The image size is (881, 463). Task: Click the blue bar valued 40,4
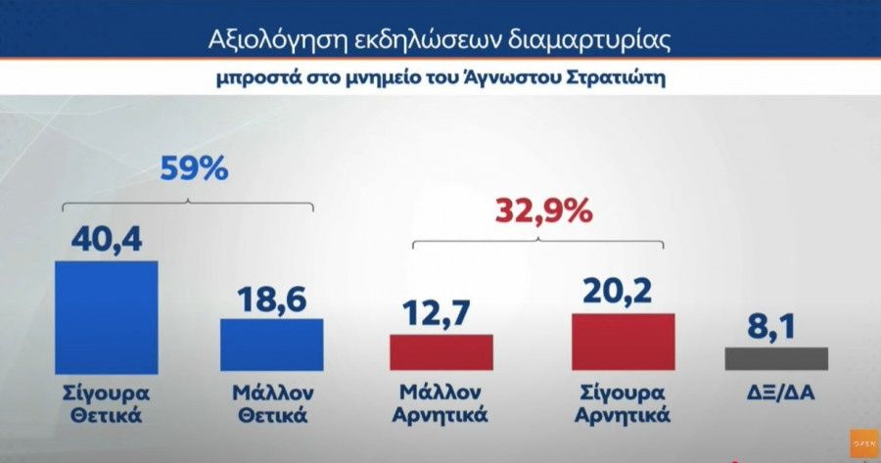(107, 316)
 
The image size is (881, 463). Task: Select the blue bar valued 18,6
(271, 345)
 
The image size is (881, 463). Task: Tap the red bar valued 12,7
(441, 352)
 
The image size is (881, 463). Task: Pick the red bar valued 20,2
(623, 342)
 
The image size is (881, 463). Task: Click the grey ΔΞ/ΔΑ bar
(776, 358)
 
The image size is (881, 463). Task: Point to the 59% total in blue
(193, 168)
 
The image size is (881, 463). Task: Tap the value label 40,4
(107, 238)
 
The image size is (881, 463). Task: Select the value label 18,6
(271, 297)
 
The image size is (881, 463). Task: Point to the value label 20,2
(623, 291)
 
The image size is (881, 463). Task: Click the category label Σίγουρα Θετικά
(106, 403)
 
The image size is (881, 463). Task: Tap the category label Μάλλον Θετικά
(271, 403)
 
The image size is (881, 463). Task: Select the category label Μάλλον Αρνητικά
(441, 403)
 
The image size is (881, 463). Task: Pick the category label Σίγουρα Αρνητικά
(623, 403)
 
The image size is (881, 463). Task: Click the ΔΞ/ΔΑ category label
(776, 393)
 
